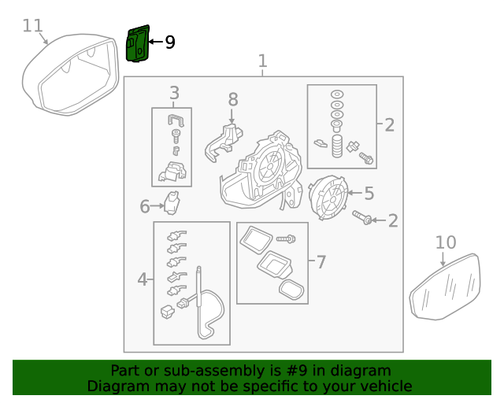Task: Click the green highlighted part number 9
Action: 137,43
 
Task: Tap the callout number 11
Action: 32,25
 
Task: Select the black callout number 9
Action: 169,42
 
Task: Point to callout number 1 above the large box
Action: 263,61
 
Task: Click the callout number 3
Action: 174,93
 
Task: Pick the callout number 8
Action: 232,99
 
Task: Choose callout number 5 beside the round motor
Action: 369,192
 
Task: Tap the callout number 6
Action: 145,207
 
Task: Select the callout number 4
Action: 143,279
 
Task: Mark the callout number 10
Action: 445,242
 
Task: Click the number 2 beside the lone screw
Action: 392,221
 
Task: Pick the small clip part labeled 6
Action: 172,203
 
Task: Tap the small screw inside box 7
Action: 286,238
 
